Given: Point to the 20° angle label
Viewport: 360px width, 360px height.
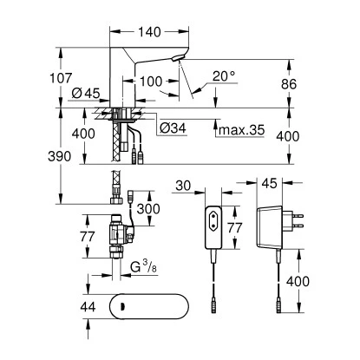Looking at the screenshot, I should point(222,77).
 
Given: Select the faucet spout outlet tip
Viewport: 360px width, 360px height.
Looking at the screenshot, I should point(177,60).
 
